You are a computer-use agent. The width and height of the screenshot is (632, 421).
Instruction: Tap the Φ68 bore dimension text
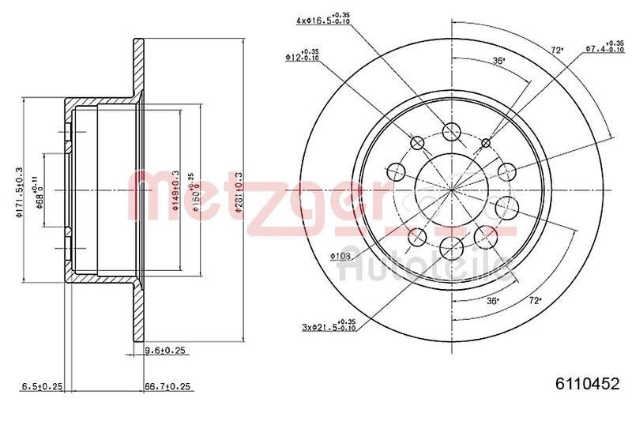tap(36, 190)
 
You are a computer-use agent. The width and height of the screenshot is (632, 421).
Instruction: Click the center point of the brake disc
tap(451, 190)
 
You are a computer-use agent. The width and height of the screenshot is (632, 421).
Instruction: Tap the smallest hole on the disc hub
tap(485, 142)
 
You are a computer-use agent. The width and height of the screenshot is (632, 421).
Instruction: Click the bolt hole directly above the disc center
tap(451, 132)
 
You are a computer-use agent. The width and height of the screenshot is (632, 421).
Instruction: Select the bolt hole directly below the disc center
tap(451, 246)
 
